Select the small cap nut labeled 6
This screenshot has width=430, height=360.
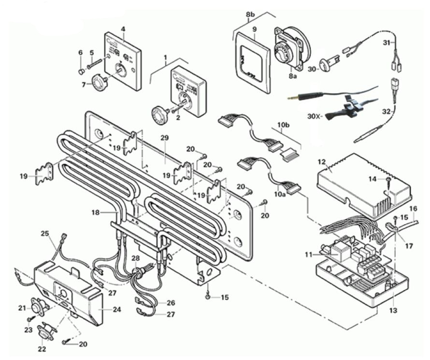82,72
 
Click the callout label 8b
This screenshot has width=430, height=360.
250,14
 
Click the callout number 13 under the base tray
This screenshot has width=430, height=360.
393,310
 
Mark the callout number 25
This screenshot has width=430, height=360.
44,233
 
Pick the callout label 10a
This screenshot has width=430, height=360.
280,194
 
